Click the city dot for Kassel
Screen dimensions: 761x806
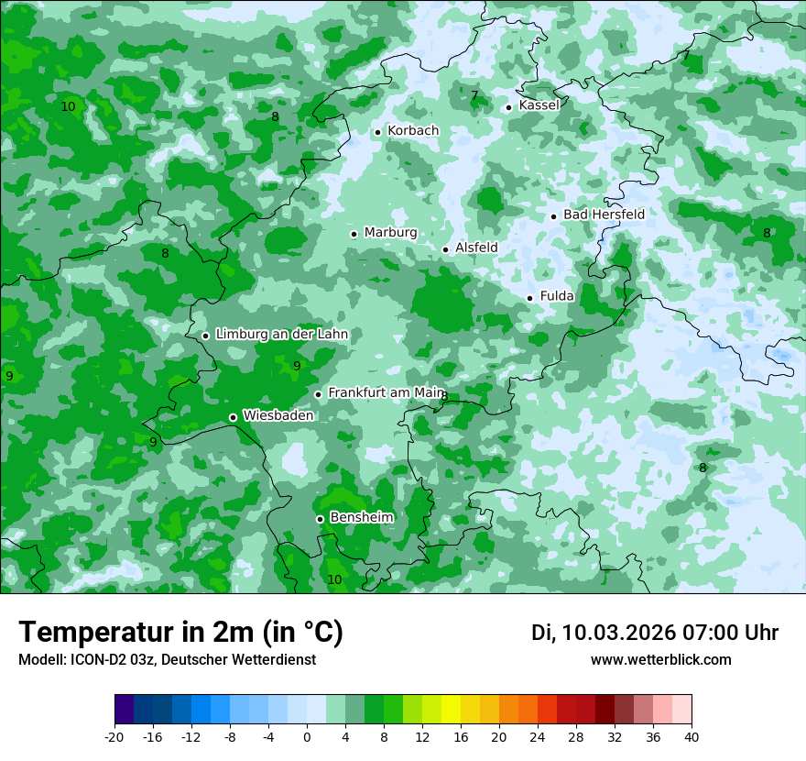tap(508, 107)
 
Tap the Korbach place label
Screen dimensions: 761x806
tap(413, 131)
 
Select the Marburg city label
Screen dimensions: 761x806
tap(390, 233)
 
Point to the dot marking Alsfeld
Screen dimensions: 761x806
tap(446, 249)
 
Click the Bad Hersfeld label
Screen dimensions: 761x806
tap(604, 215)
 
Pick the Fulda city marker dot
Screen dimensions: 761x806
tap(529, 298)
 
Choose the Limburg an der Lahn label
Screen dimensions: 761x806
tap(281, 335)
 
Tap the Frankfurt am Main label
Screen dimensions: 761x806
tap(386, 392)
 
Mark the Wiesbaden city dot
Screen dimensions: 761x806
tap(233, 417)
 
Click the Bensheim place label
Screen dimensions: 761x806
tap(361, 518)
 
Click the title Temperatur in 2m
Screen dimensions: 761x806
tap(180, 633)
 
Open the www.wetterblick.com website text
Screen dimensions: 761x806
tap(660, 660)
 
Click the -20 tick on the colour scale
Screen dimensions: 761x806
tap(114, 736)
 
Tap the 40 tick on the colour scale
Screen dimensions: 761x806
tap(692, 736)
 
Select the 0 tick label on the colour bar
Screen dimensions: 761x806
tap(307, 736)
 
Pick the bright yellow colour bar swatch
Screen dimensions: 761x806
tap(451, 710)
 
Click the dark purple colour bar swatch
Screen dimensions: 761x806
tap(125, 710)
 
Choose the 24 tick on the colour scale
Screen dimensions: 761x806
tap(538, 736)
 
